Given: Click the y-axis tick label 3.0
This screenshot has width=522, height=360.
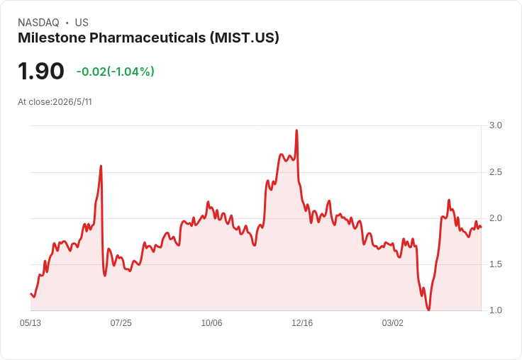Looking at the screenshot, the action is (x=495, y=125).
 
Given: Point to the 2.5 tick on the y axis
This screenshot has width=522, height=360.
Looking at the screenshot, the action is (x=495, y=172).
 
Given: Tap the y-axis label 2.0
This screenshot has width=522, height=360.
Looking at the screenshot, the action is (x=495, y=218).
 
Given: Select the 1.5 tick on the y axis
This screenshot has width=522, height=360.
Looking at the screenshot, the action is (x=495, y=264).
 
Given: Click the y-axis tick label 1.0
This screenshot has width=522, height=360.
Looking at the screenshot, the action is (x=495, y=310).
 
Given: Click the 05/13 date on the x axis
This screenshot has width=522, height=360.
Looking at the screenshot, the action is (x=30, y=322).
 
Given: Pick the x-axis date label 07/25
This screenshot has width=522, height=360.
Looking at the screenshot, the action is (x=121, y=322).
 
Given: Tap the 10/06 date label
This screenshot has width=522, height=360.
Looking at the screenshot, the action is (x=211, y=322).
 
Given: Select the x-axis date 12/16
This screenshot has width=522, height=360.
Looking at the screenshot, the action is (x=302, y=322).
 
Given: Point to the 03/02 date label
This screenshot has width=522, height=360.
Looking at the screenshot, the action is (x=392, y=322).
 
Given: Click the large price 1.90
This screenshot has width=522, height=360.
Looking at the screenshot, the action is (x=41, y=71).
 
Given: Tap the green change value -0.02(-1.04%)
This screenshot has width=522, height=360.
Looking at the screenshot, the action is (x=115, y=72).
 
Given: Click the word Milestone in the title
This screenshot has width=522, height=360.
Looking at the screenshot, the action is (x=52, y=38).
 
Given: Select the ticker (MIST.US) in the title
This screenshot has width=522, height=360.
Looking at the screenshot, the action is (x=245, y=38).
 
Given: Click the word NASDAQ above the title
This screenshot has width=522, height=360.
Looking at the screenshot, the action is (x=38, y=23).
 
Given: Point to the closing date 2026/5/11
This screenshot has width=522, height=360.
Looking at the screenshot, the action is (x=72, y=102).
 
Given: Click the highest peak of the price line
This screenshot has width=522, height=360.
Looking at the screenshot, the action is (x=296, y=130).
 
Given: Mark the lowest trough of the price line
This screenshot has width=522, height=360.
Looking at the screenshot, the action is (x=428, y=310).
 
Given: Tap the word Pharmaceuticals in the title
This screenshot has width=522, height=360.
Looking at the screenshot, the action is (x=148, y=38).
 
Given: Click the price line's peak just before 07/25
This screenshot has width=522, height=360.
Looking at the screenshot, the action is (x=101, y=166).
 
